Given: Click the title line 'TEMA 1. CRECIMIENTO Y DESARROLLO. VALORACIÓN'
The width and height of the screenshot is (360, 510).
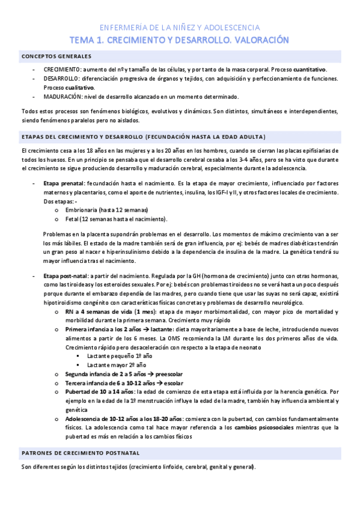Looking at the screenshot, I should (180, 40).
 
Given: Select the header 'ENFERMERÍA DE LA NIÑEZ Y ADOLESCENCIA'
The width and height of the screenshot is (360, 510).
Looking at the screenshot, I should (180, 28).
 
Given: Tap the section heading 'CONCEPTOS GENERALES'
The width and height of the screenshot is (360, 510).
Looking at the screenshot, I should (56, 57).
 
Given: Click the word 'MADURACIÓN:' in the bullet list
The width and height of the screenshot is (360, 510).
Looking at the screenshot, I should (62, 96).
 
